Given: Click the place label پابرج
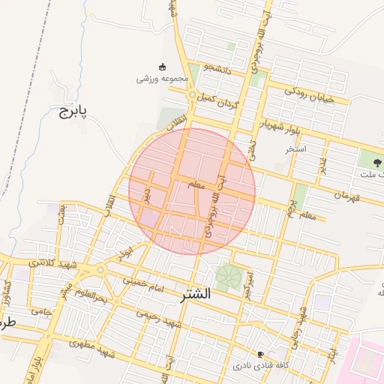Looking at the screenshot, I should coord(73,112).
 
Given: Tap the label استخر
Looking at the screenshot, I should coord(295,149).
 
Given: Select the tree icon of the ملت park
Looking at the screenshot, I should coord(369,159).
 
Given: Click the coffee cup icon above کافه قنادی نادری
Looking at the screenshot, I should coord(260,353).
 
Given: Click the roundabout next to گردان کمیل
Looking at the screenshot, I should coord(193,95).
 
